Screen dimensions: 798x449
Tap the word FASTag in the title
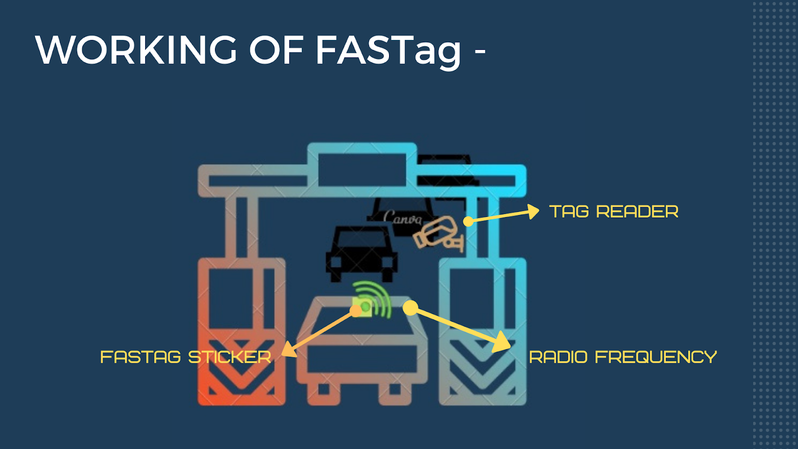pyautogui.click(x=388, y=51)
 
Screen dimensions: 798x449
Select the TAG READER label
pyautogui.click(x=613, y=212)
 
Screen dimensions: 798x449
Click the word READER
pyautogui.click(x=637, y=212)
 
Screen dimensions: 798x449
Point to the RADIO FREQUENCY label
pyautogui.click(x=622, y=357)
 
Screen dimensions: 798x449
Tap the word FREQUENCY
pyautogui.click(x=655, y=357)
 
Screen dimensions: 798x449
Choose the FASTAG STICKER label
pyautogui.click(x=186, y=357)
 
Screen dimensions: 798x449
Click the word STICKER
pyautogui.click(x=229, y=357)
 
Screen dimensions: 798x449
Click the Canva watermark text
pyautogui.click(x=402, y=218)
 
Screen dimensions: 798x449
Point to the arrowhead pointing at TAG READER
pyautogui.click(x=533, y=212)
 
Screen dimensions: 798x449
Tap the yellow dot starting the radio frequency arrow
pyautogui.click(x=410, y=308)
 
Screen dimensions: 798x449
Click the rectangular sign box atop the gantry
pyautogui.click(x=362, y=170)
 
